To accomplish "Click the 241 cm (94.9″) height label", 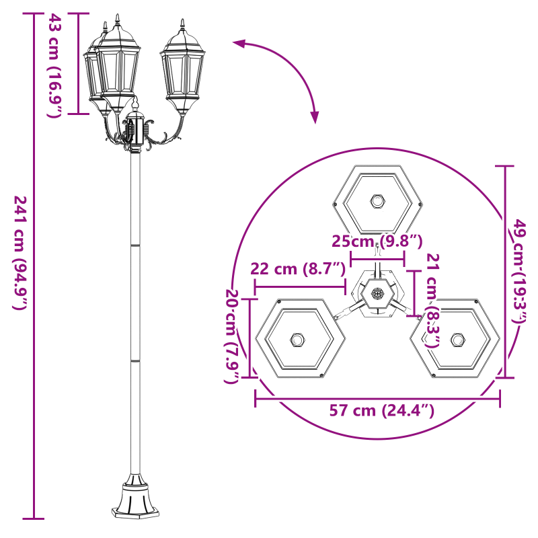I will [20, 252].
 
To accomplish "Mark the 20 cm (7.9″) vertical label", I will [232, 337].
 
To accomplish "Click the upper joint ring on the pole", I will [135, 246].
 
